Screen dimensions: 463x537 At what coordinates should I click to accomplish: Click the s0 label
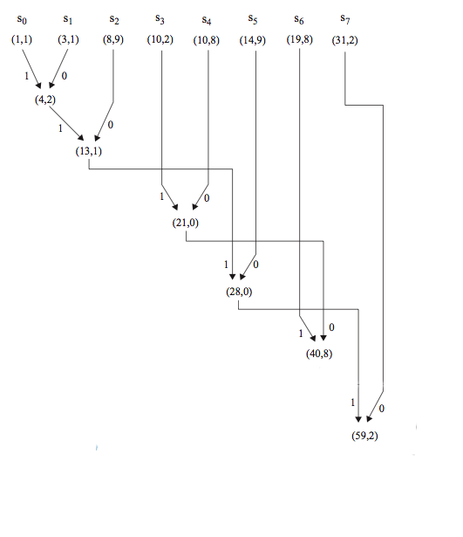tap(22, 19)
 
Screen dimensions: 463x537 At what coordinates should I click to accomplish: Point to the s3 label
tap(160, 19)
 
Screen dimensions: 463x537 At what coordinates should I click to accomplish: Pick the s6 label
tap(299, 19)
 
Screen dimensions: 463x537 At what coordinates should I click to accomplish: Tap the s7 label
tap(345, 19)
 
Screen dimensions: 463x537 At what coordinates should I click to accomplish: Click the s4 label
tap(207, 20)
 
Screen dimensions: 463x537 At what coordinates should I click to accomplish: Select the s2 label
tap(114, 19)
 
